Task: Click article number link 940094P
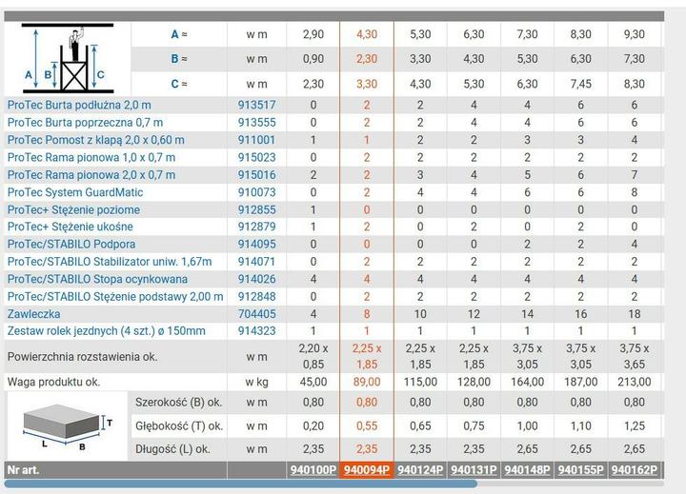tap(367, 470)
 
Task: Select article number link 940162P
tap(635, 470)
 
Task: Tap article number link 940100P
tap(313, 470)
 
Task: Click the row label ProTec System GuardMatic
tap(75, 192)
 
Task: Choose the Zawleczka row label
tap(33, 314)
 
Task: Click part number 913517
tap(257, 105)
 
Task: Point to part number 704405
tap(257, 314)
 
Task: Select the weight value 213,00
tap(635, 382)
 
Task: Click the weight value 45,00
tap(313, 382)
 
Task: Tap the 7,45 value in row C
tap(580, 84)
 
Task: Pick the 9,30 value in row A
tap(635, 34)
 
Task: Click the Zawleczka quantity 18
tap(635, 314)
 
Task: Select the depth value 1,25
tap(635, 425)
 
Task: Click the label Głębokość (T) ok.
tap(179, 425)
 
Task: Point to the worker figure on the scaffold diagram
tap(76, 44)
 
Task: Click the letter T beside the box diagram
tap(110, 423)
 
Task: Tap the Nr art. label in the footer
tap(23, 470)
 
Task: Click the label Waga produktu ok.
tap(53, 382)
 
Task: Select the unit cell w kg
tap(257, 382)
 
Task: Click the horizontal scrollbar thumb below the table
tap(241, 484)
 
